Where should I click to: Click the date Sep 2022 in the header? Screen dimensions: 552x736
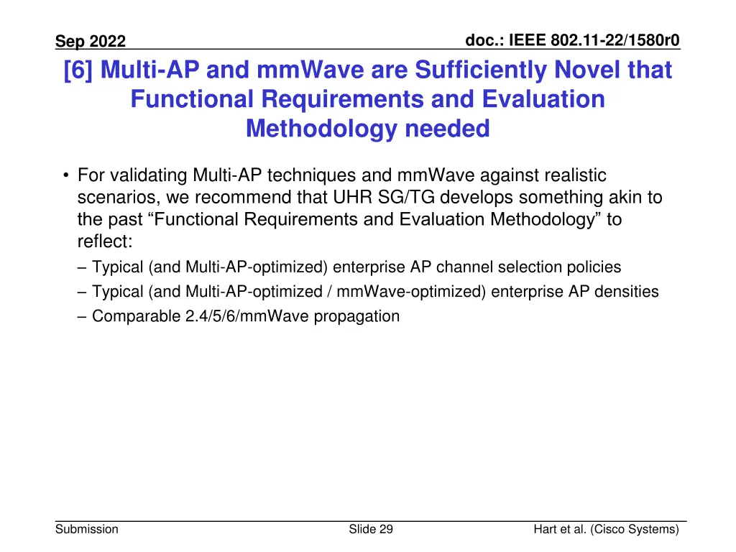[91, 42]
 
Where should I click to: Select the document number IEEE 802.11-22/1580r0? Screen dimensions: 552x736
[572, 40]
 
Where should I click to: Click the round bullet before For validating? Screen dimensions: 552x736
[65, 175]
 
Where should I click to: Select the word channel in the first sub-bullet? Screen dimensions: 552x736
[472, 267]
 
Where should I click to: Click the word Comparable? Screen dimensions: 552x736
[132, 316]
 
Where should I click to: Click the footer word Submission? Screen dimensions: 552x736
[88, 530]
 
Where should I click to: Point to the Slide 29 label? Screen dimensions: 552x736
[371, 530]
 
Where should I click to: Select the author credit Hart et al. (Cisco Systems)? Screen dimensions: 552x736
[606, 530]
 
